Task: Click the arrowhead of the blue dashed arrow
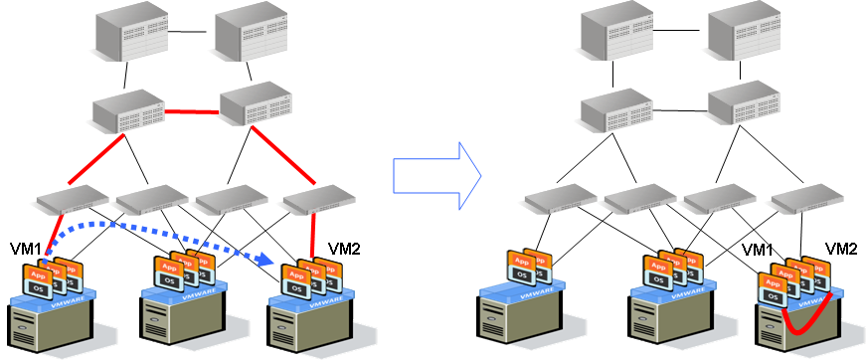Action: point(264,260)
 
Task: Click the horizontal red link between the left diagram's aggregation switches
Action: point(191,111)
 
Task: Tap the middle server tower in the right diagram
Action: point(664,324)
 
